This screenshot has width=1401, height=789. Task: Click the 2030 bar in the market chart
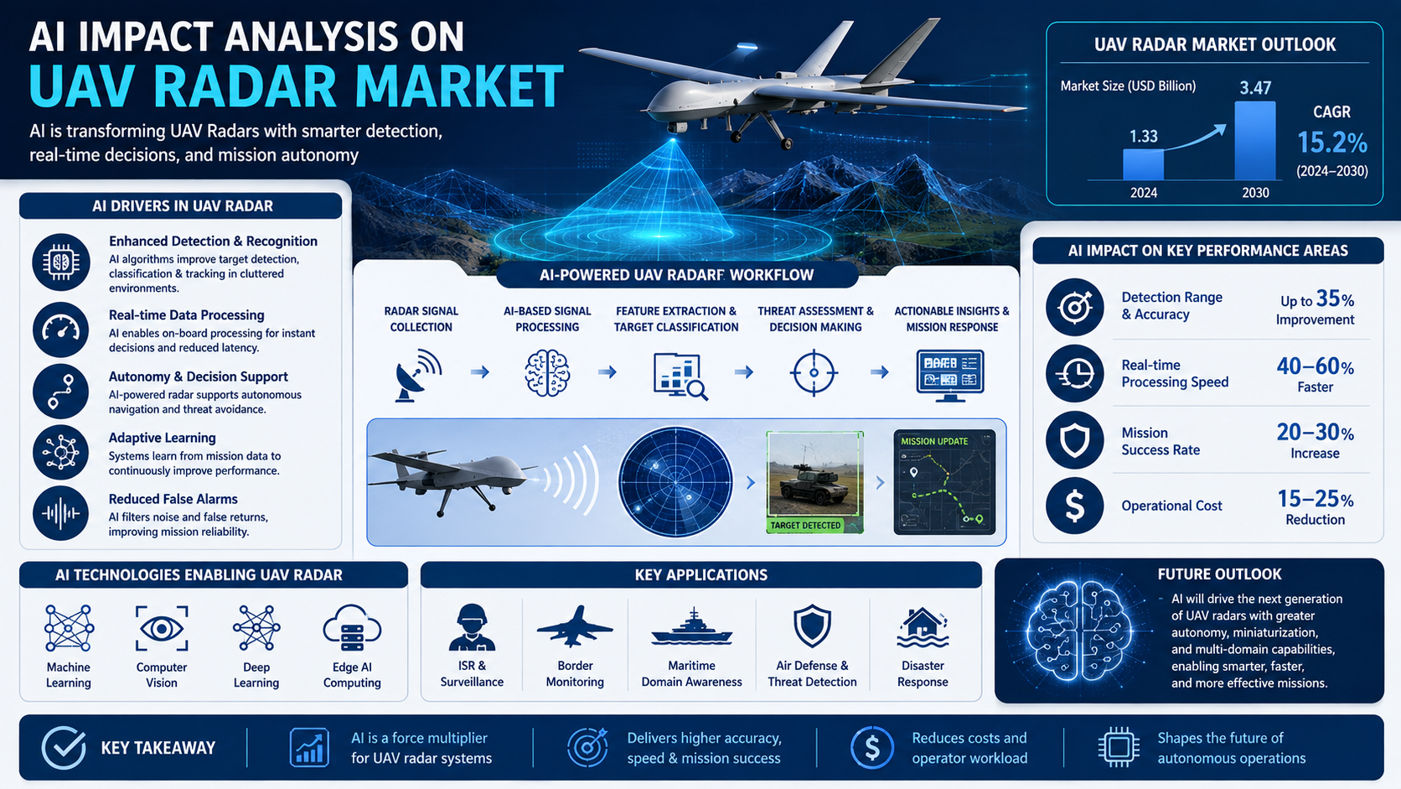tap(1254, 141)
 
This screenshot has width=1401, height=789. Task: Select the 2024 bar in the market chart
tap(1143, 164)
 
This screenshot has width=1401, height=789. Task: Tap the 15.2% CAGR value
tap(1331, 143)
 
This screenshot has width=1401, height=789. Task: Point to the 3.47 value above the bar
tap(1255, 87)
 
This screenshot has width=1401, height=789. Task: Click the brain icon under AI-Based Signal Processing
tap(546, 373)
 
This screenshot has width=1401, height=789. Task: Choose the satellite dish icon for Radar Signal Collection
tap(418, 375)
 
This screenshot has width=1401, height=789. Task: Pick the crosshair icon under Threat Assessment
tap(814, 373)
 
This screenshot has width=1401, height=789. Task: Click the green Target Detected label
tap(805, 526)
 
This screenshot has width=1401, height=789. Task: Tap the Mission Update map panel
tap(944, 482)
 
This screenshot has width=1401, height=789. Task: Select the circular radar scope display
tap(675, 482)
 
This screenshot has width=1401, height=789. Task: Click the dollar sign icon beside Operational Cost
tap(1074, 506)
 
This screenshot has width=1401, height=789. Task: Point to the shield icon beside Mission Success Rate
tap(1074, 440)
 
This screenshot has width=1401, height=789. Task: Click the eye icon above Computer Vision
tap(162, 629)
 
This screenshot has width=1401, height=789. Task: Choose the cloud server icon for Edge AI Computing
tap(352, 628)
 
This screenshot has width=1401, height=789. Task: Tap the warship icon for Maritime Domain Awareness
tap(692, 626)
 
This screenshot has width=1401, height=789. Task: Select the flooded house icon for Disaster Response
tap(923, 627)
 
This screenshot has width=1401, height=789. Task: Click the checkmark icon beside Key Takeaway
tap(64, 748)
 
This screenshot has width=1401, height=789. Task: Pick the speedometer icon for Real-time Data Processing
tap(60, 330)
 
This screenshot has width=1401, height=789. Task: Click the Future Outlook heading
tap(1219, 574)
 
